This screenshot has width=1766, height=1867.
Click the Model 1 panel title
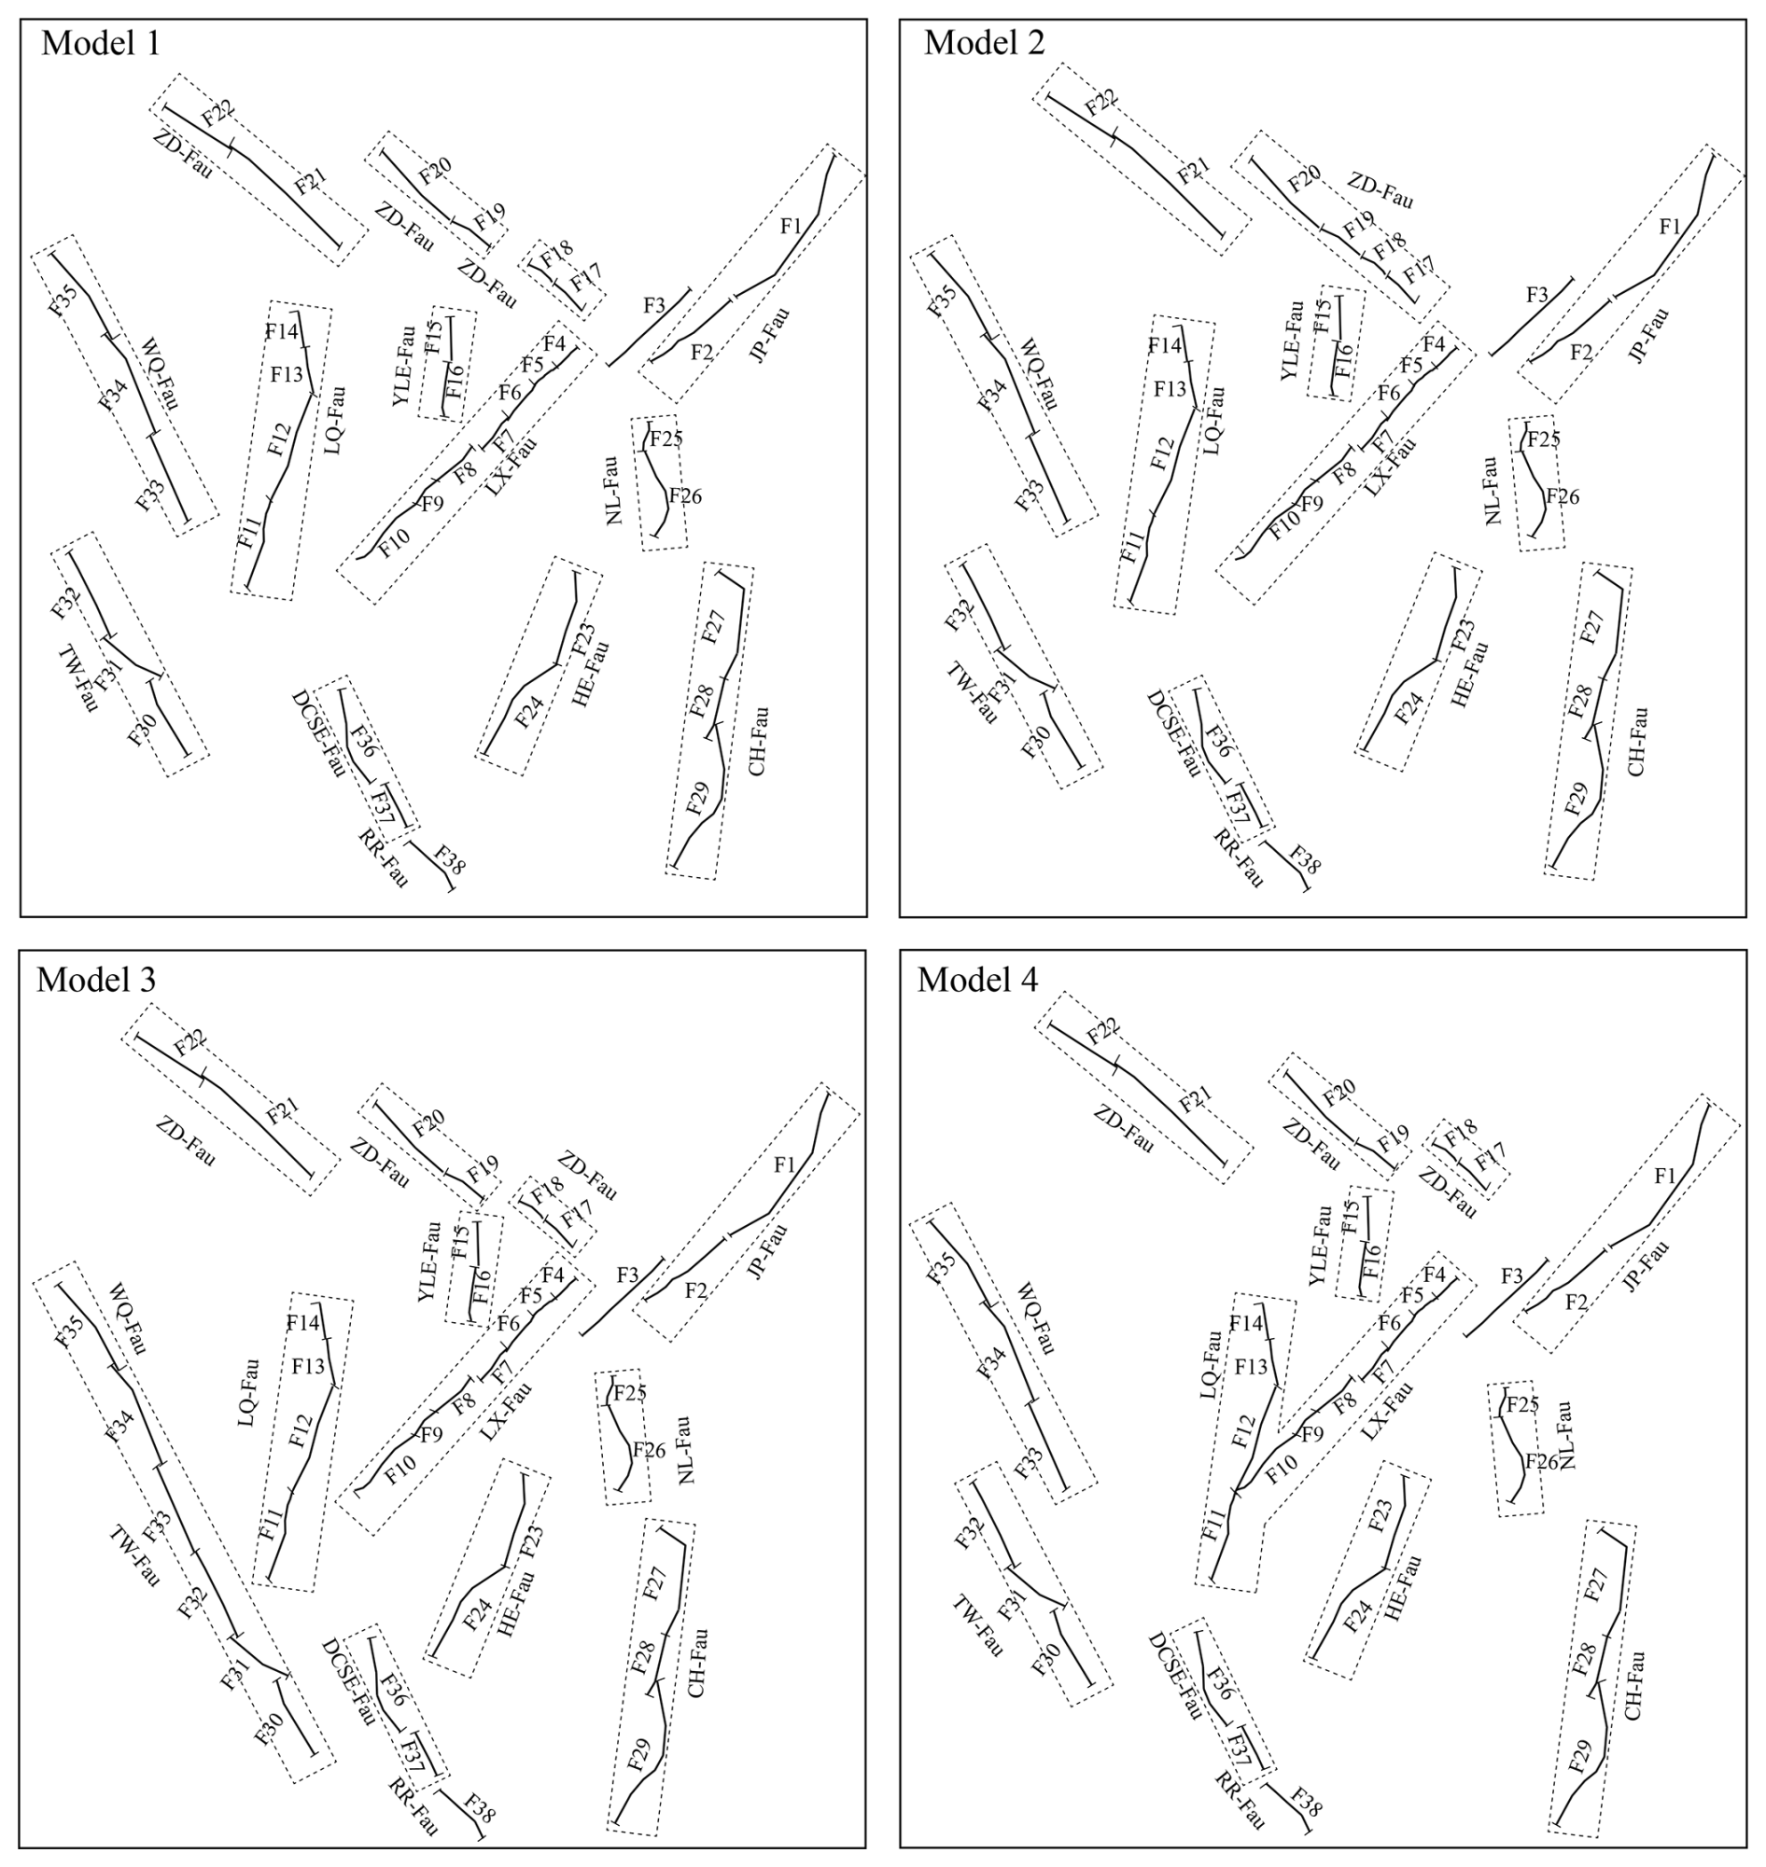(101, 43)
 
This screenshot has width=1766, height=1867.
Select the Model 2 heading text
(984, 43)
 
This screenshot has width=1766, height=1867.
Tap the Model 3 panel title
(96, 980)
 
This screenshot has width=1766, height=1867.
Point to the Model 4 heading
(977, 980)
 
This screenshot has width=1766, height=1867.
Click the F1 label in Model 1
(791, 226)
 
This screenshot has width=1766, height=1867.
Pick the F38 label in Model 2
(1305, 858)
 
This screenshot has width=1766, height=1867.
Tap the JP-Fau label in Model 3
(767, 1251)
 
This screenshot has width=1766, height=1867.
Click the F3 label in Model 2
(1536, 295)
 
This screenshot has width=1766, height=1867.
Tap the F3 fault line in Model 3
(624, 1297)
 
